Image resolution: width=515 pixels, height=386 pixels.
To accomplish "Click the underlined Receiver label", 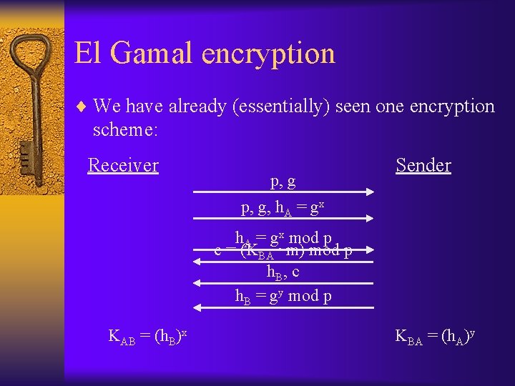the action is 122,166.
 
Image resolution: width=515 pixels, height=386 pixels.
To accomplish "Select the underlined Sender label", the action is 423,166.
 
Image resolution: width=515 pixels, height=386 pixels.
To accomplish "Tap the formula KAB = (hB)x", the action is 147,337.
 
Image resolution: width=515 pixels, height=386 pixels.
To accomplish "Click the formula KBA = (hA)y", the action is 436,337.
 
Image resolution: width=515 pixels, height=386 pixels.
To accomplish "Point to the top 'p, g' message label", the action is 283,181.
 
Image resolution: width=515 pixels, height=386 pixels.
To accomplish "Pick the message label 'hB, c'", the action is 283,272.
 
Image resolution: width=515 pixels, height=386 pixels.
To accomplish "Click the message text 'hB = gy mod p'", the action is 283,295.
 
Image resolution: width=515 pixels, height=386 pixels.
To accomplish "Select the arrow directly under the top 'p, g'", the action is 284,192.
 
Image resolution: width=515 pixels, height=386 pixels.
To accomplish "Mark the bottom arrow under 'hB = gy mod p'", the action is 284,307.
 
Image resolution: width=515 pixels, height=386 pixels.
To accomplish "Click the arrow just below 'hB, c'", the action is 284,283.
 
